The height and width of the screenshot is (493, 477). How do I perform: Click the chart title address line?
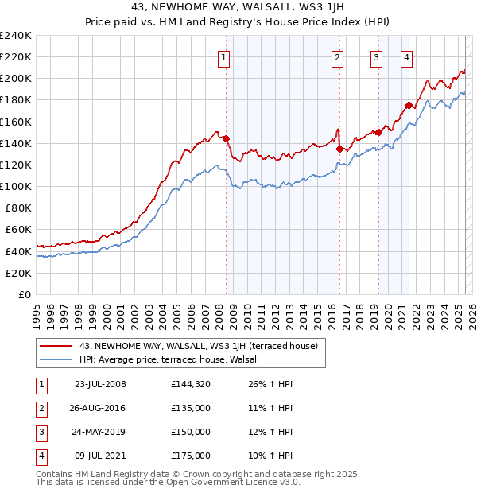tap(238, 7)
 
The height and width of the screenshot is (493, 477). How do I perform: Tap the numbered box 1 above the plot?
tap(224, 57)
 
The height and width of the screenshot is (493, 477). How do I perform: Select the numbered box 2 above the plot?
tap(338, 57)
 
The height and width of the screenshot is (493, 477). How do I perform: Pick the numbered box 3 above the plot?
tap(376, 57)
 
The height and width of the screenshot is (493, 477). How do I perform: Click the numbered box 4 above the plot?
tap(406, 57)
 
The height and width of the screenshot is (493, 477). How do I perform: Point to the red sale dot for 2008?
tap(226, 138)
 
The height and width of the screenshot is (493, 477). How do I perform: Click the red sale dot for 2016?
tap(339, 148)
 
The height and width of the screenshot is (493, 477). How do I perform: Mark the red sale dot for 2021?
tap(409, 105)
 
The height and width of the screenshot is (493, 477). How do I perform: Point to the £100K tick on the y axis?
tap(16, 186)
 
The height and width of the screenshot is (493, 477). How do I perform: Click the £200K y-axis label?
tap(16, 79)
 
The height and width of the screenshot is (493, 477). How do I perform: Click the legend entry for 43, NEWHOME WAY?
tap(198, 346)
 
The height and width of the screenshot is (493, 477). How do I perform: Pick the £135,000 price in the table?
tap(191, 407)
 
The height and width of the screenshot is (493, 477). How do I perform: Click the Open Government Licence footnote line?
tap(169, 482)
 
